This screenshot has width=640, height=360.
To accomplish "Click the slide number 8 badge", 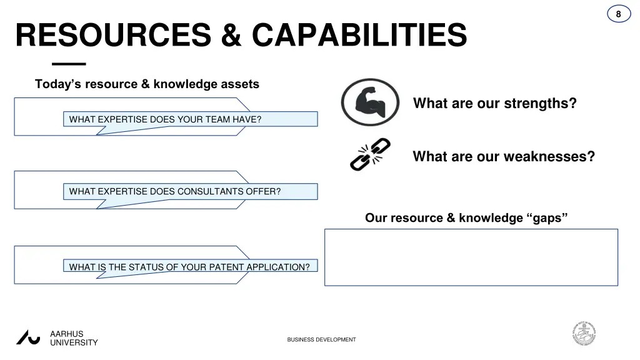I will pos(618,14).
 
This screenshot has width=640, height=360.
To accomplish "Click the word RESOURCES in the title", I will pos(113,35).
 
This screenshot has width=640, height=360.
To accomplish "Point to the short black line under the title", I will pos(69,64).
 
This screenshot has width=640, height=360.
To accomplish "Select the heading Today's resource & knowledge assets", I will pos(147,84).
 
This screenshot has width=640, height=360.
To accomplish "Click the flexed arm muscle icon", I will pos(370,102).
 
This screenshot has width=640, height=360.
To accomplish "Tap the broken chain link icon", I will pos(370,154).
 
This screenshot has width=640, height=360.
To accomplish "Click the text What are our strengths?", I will pos(494,103).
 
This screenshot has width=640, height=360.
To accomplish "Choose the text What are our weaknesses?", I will pos(504,156).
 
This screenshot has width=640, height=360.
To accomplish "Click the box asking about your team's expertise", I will pos(190,119).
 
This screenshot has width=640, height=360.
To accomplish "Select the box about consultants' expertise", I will pos(190,191).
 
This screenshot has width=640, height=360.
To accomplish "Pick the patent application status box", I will pos(190,267).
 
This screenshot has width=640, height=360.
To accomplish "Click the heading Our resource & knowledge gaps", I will pos(466,218).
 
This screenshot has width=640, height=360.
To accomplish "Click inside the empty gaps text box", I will pos(471,257).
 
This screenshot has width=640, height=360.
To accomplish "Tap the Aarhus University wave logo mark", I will pos(28,337).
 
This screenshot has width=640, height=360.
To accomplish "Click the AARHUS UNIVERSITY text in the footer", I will pos(74,338).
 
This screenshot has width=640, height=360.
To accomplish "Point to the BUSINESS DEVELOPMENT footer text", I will pos(321,339).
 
